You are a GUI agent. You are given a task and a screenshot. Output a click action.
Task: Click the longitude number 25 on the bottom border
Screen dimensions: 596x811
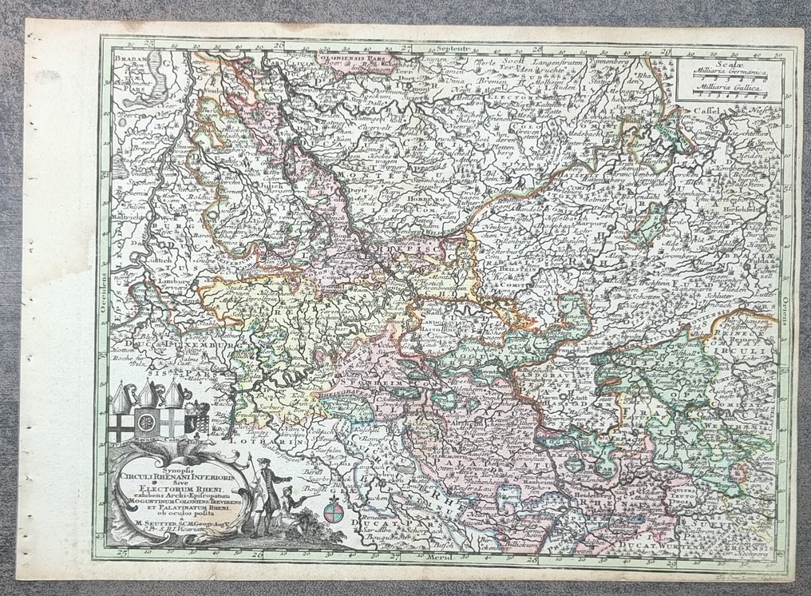click(x=121, y=551)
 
